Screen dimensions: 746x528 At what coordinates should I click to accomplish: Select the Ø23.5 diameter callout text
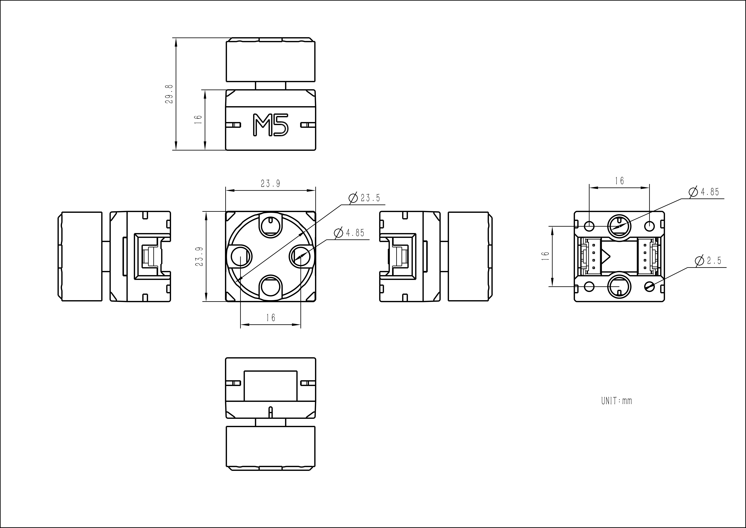coord(364,198)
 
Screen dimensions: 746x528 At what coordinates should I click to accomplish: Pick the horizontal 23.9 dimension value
coord(270,184)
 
